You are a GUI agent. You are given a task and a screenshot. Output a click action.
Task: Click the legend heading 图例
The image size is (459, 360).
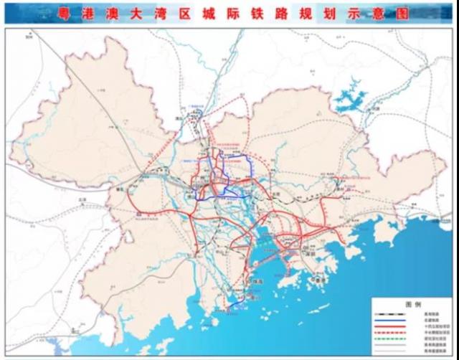click(410, 303)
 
